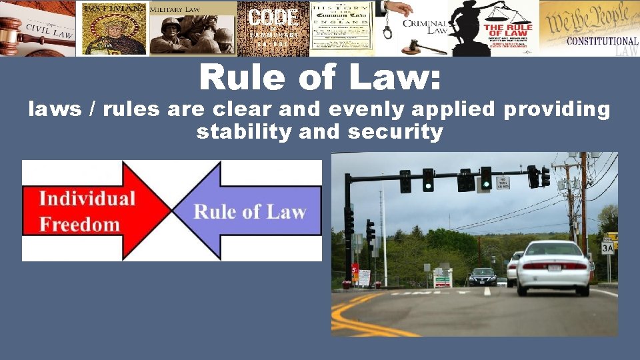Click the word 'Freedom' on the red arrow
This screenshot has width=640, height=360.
(x=79, y=223)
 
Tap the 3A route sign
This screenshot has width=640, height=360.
(x=607, y=247)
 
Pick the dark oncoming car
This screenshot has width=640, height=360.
(x=483, y=277)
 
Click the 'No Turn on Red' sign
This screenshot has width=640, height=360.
(x=503, y=183)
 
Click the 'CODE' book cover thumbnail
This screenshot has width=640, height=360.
(x=273, y=28)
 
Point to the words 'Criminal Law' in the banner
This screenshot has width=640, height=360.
(x=424, y=27)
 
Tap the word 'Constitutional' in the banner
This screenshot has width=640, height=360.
(x=602, y=41)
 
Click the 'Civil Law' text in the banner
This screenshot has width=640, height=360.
(x=49, y=30)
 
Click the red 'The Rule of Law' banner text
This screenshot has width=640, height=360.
(x=508, y=30)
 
